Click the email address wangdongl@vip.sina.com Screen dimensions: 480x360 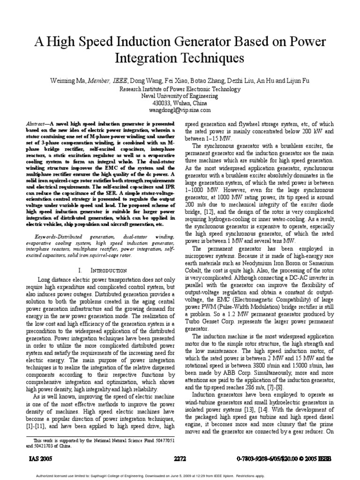(180, 110)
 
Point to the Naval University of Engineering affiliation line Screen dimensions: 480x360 (180, 96)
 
